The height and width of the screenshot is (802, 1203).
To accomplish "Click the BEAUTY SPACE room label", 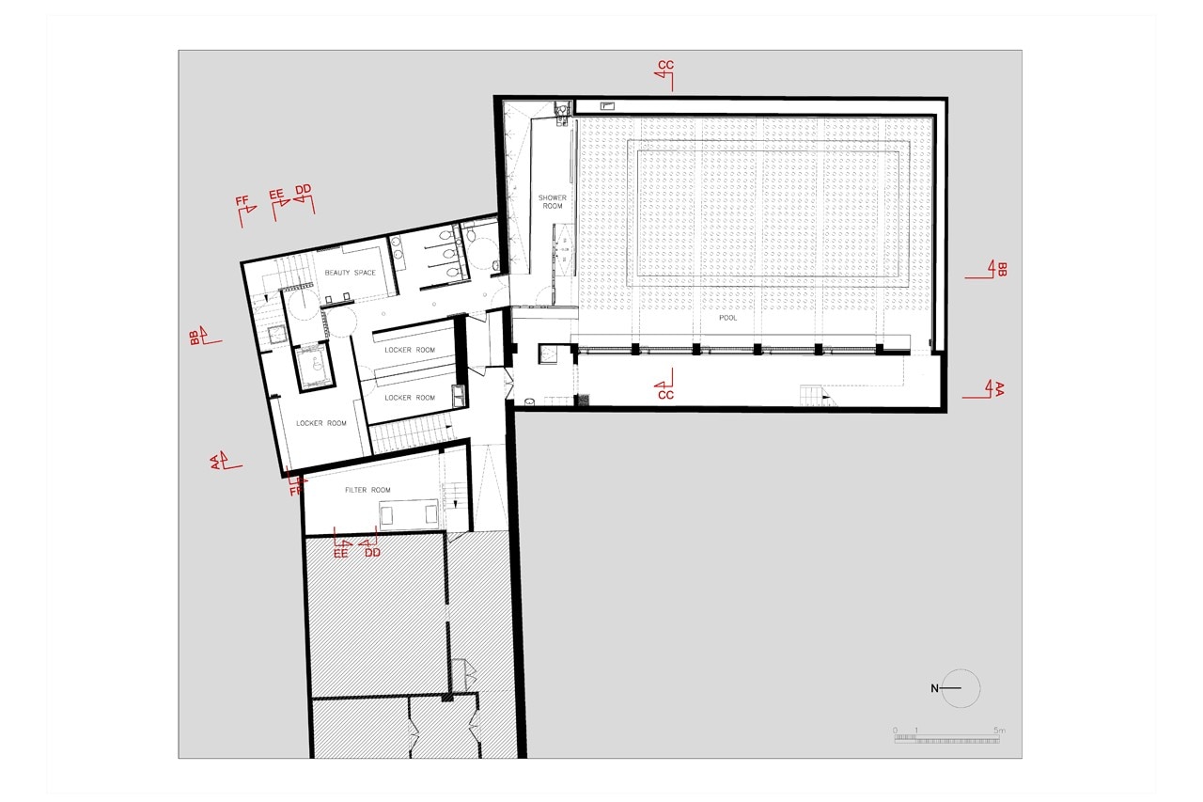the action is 351,273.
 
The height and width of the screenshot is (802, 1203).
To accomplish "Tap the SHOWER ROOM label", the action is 552,202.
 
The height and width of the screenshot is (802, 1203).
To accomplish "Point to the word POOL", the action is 727,318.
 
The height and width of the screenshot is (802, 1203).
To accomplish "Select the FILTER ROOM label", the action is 367,490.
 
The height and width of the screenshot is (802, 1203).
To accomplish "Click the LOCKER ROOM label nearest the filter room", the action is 321,423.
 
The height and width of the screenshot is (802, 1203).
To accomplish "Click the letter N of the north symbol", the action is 934,688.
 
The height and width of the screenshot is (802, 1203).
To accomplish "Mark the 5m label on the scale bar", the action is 999,731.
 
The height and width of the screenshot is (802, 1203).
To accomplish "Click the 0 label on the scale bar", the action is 896,731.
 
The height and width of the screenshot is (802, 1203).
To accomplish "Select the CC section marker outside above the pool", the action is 665,76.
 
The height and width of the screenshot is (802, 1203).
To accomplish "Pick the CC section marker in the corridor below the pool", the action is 664,385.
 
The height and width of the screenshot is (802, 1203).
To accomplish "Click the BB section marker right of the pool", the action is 987,270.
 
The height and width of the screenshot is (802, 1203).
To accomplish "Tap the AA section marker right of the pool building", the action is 984,389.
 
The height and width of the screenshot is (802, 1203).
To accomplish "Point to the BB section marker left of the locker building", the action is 205,337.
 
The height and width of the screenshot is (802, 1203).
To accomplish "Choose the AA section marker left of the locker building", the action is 226,461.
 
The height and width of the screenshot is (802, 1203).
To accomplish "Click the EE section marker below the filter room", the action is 341,543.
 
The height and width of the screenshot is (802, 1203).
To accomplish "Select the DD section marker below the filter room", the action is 370,543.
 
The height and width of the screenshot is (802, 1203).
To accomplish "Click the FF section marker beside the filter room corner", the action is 296,481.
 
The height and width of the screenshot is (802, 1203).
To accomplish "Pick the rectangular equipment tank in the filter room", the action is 409,514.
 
